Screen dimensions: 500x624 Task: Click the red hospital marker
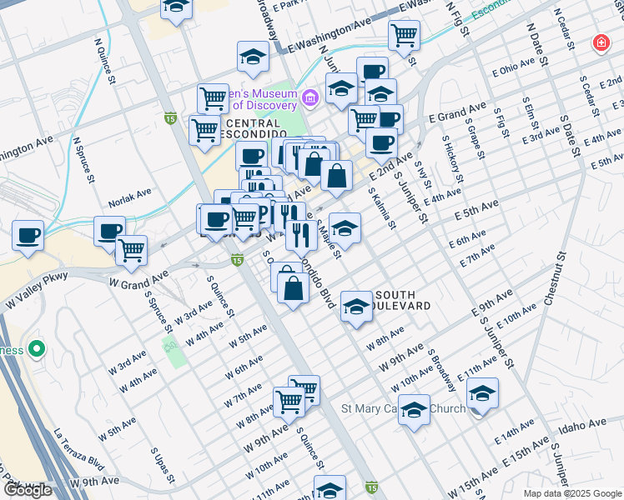600,42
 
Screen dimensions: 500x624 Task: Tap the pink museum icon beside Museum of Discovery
309,99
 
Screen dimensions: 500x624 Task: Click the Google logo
27,490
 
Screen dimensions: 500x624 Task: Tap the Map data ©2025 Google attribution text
571,493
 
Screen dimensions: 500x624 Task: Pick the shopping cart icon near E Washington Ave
404,35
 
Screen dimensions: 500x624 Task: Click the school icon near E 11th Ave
482,392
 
